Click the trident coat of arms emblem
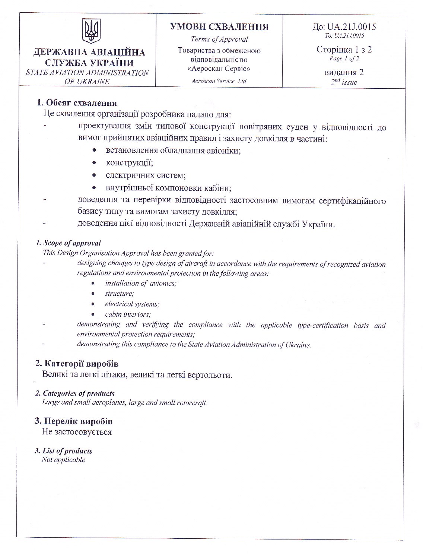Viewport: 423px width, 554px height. click(x=91, y=32)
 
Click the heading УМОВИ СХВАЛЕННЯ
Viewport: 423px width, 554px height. click(x=219, y=27)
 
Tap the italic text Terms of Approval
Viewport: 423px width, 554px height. click(x=219, y=39)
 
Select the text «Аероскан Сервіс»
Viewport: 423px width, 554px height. click(x=219, y=69)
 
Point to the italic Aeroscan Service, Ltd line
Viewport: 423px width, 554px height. click(x=219, y=81)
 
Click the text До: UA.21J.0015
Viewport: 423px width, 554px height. click(x=344, y=26)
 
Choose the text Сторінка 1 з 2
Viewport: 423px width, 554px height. click(x=344, y=50)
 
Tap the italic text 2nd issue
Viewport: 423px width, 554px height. click(x=344, y=82)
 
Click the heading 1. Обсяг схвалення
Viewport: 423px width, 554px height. click(x=76, y=103)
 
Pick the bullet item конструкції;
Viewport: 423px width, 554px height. click(x=130, y=163)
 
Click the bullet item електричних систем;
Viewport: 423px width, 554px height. click(x=146, y=175)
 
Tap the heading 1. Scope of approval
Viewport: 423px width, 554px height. click(x=68, y=243)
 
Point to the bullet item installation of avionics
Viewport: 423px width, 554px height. click(x=141, y=284)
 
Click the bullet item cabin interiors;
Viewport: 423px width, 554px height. click(x=128, y=314)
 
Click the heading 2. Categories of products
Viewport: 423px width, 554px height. click(x=74, y=393)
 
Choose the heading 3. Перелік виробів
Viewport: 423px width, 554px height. click(x=73, y=421)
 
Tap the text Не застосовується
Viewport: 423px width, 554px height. click(x=77, y=432)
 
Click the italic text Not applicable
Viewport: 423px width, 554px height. click(x=64, y=460)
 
